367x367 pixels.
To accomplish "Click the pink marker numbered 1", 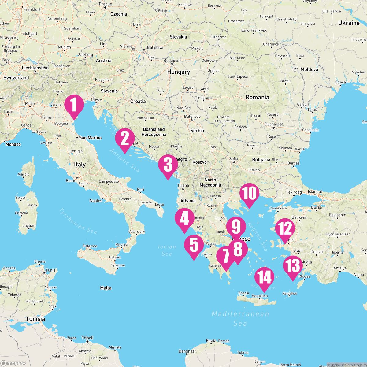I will (74, 105).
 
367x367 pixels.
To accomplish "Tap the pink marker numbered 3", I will (168, 165).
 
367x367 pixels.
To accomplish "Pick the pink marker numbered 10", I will (249, 194).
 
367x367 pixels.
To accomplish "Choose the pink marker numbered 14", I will (264, 278).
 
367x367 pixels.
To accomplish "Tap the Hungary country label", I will (178, 72).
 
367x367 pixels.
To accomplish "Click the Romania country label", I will (257, 97).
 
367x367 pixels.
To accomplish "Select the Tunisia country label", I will (35, 319).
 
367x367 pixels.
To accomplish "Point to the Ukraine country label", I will (349, 23).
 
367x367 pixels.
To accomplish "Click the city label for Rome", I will (71, 180).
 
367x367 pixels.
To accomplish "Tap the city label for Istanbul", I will (315, 191).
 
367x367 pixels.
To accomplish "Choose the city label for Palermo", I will (90, 246).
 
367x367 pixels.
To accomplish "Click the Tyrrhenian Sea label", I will (78, 221).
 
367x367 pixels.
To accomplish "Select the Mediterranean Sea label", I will (240, 318).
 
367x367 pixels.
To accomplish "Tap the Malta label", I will (106, 288).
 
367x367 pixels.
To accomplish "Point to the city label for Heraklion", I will (259, 296).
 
